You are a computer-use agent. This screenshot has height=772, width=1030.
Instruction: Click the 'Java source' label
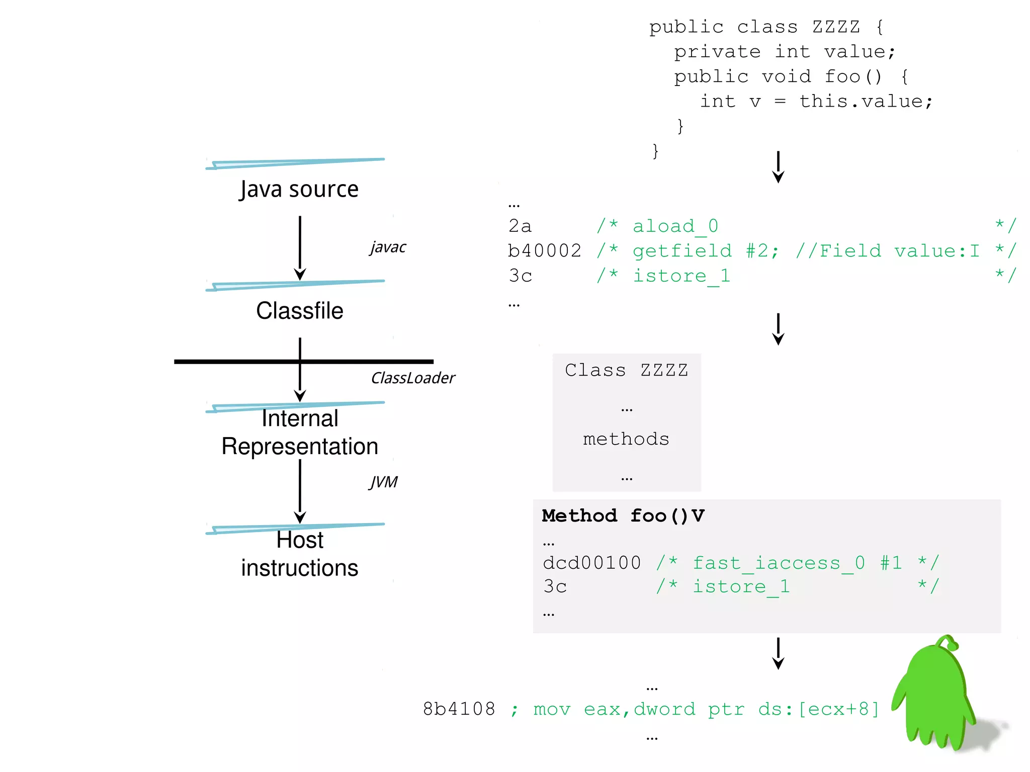299,190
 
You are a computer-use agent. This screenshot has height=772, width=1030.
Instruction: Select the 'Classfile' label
300,311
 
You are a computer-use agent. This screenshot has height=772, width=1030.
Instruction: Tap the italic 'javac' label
388,247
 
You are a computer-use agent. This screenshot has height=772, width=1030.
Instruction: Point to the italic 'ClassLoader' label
412,378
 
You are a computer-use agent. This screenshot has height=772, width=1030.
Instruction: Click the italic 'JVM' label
383,482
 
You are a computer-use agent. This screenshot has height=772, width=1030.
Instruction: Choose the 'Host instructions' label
300,554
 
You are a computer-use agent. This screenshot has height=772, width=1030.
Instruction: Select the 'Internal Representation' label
300,433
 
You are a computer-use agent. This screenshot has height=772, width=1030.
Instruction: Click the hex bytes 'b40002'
545,251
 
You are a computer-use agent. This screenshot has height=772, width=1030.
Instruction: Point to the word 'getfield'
682,251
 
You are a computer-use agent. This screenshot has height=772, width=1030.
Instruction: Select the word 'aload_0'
675,226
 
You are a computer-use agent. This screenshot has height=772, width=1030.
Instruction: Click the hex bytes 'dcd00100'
592,563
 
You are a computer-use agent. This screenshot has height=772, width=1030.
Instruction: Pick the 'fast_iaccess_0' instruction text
779,563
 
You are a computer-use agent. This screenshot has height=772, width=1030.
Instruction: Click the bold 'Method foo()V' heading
623,516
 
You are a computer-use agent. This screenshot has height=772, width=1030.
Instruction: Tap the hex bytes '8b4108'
459,709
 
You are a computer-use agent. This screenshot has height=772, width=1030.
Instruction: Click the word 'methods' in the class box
626,439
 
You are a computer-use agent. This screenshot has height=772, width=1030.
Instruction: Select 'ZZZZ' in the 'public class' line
836,27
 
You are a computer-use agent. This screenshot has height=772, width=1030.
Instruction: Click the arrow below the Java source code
778,167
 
